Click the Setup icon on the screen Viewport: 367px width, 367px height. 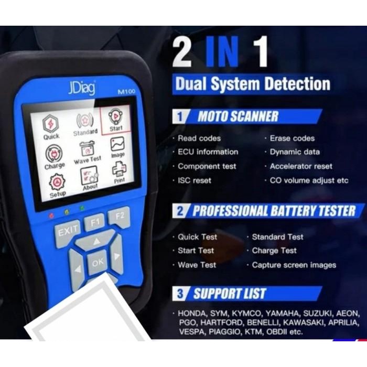click(57, 185)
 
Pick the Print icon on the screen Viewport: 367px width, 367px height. click(119, 171)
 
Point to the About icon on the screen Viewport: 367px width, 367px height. click(89, 178)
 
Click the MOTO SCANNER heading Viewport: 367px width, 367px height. click(238, 116)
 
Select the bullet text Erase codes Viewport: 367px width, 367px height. click(292, 138)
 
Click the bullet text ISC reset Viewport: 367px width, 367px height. click(195, 180)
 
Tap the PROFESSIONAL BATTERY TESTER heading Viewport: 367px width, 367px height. click(273, 211)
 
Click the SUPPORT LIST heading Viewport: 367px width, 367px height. click(230, 294)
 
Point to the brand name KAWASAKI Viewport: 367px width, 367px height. click(301, 322)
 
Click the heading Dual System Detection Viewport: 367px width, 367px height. click(252, 84)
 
